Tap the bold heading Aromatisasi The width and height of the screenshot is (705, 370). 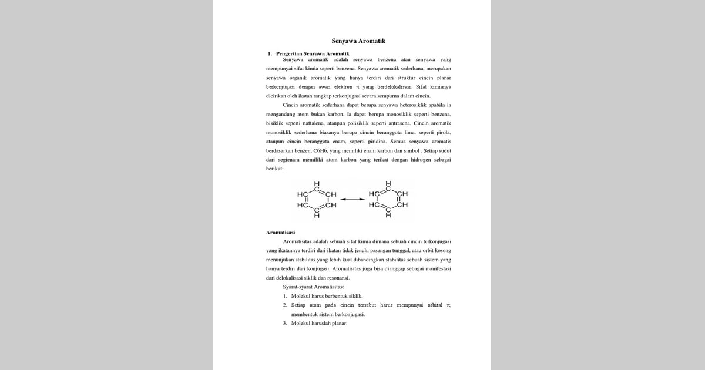coord(280,233)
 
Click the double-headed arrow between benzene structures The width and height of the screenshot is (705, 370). coord(352,199)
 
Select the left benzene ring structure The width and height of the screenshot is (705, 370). coord(317,200)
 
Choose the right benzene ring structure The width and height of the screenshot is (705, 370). coord(388,200)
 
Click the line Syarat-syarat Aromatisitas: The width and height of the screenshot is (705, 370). coord(313,287)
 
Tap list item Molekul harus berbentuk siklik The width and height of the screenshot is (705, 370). coord(327,296)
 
